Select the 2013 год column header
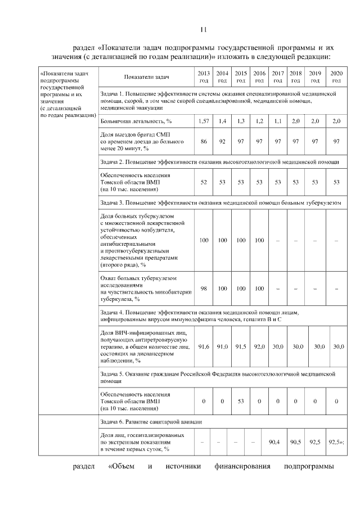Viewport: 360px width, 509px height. point(204,77)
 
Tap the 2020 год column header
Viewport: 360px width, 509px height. point(336,77)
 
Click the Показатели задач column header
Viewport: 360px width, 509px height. point(147,77)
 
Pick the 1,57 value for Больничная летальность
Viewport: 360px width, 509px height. point(204,121)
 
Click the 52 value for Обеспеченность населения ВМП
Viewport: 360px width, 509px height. point(204,182)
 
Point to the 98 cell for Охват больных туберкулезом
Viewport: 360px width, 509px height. point(204,289)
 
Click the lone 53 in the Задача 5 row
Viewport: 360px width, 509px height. point(241,401)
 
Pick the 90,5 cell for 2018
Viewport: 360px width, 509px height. point(296,442)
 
